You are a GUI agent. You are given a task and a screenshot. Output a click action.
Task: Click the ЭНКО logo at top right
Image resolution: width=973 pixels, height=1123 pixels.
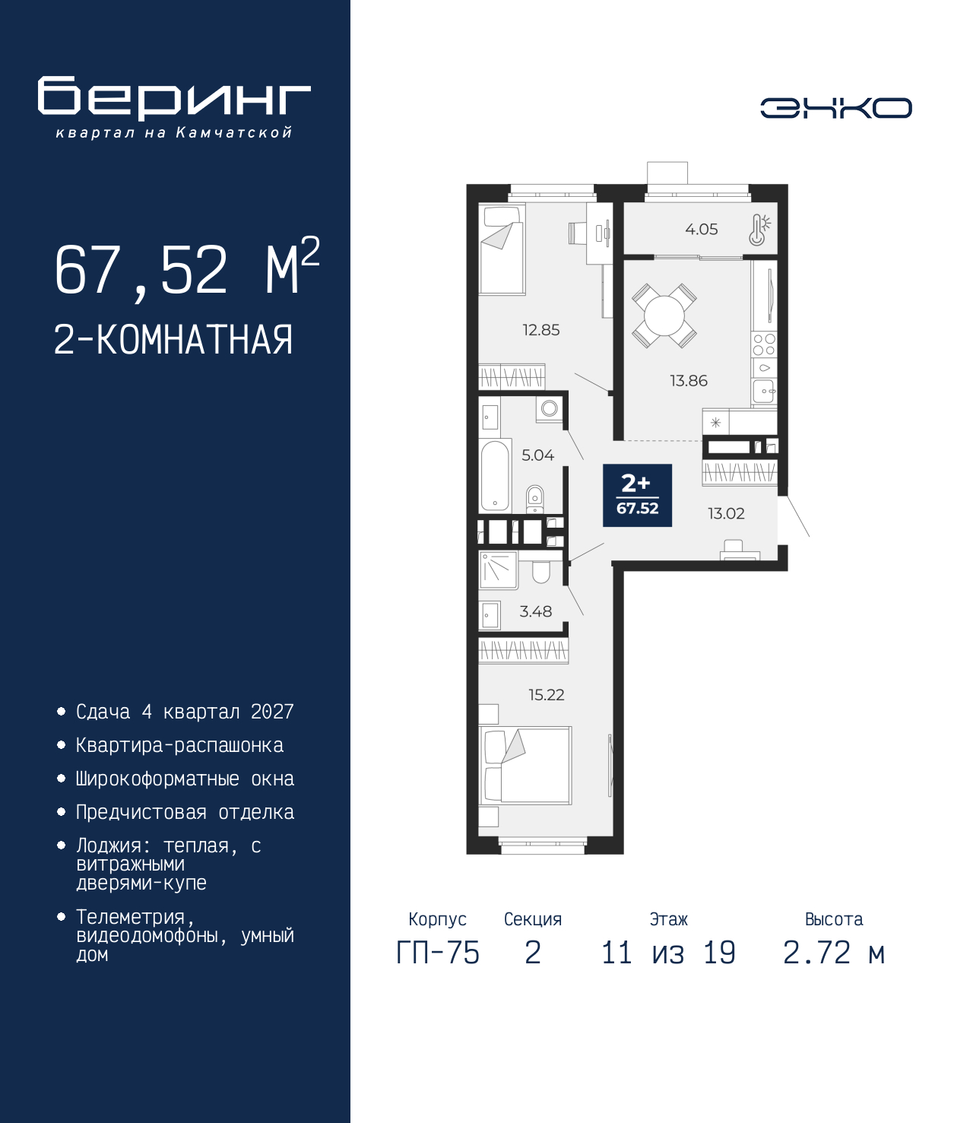coord(835,108)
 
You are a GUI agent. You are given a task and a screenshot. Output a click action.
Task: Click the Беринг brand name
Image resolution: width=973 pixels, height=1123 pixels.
coord(174,98)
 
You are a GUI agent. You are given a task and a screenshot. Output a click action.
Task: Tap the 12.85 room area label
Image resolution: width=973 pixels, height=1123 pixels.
coord(541,330)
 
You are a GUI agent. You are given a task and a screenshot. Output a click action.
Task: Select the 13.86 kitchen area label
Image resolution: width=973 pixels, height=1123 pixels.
coord(689,380)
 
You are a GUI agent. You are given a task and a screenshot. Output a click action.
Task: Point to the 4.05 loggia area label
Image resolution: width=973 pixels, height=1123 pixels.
coord(702,230)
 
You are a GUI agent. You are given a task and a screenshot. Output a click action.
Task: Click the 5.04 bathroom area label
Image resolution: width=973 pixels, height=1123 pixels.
coord(538,455)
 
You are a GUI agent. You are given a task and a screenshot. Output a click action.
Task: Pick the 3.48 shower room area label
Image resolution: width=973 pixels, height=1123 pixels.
coord(536,611)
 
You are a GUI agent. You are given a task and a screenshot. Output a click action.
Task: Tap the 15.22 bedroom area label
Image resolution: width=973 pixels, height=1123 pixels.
coord(547,694)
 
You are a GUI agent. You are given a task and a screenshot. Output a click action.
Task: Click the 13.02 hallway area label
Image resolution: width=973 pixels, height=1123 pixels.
coord(726,513)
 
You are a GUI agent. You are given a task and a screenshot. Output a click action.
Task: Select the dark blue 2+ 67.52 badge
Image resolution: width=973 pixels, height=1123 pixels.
coord(637,495)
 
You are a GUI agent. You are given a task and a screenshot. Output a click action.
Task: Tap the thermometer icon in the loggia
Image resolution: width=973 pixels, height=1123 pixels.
coord(759,230)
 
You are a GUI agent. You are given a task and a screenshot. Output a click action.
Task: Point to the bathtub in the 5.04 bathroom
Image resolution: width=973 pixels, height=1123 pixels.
coord(494,475)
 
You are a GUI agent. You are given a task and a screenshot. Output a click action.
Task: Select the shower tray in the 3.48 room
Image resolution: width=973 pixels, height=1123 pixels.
coord(498,569)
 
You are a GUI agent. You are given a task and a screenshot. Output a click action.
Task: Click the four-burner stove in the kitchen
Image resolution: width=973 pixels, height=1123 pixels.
coord(764,344)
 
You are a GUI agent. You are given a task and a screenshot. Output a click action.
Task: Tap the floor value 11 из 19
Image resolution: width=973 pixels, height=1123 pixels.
coord(668,953)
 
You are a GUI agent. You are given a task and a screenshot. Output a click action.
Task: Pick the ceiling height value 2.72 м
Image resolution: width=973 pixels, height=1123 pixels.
coord(834,953)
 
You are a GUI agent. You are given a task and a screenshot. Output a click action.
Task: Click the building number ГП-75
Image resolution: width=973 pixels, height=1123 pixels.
coord(437,953)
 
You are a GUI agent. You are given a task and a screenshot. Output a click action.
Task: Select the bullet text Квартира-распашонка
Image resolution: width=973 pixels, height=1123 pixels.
coord(180,745)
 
